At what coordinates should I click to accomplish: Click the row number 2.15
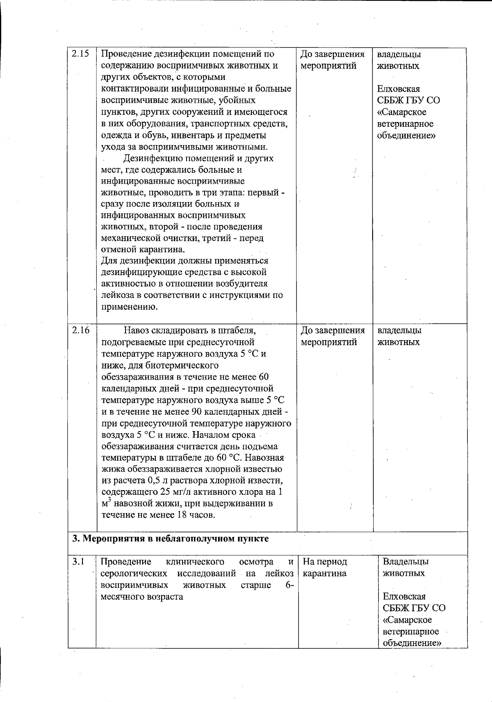[x=80, y=54]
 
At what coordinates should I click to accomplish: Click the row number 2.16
[x=80, y=330]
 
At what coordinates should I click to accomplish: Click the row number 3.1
[x=78, y=561]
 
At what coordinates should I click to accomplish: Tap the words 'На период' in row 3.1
[x=325, y=561]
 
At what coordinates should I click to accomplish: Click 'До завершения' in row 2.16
[x=333, y=330]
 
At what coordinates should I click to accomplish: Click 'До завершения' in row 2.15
[x=333, y=54]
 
